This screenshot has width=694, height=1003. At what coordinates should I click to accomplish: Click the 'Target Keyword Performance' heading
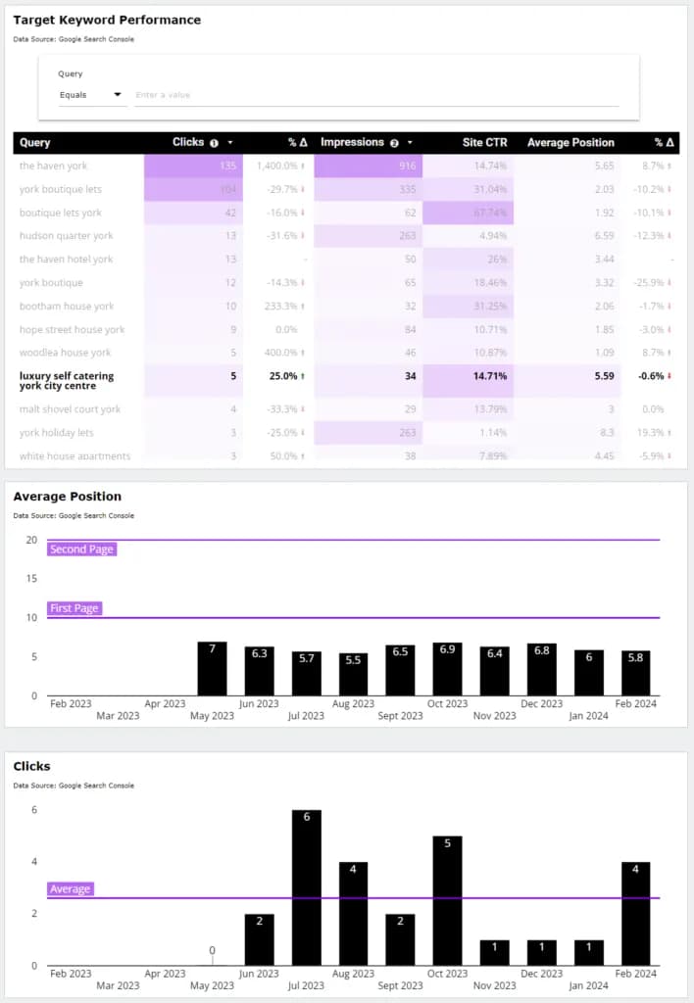click(x=107, y=20)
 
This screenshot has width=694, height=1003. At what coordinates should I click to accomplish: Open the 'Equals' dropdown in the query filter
click(x=90, y=95)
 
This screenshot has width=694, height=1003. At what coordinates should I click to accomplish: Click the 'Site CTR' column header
click(x=484, y=142)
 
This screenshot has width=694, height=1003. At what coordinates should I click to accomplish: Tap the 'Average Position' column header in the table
click(x=570, y=142)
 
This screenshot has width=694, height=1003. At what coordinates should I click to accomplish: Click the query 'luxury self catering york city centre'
click(x=67, y=380)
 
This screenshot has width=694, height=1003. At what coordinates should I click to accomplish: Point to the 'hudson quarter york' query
click(x=66, y=236)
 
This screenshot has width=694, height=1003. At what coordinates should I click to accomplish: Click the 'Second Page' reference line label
click(x=81, y=549)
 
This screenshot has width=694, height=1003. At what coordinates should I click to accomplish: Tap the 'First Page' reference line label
click(x=74, y=608)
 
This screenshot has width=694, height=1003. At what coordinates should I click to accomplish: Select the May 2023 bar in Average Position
click(x=212, y=669)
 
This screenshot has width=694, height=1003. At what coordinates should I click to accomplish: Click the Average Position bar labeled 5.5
click(x=353, y=674)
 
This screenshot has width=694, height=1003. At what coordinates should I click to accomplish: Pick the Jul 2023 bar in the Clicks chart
click(x=306, y=887)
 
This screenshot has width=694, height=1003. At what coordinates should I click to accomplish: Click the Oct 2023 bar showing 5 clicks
click(x=447, y=900)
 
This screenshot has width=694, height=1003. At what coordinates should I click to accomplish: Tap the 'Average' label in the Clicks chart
click(x=70, y=889)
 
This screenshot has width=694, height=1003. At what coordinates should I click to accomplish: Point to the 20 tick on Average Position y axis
click(x=31, y=540)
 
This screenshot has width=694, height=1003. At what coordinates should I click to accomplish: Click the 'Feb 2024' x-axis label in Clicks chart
click(x=635, y=974)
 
